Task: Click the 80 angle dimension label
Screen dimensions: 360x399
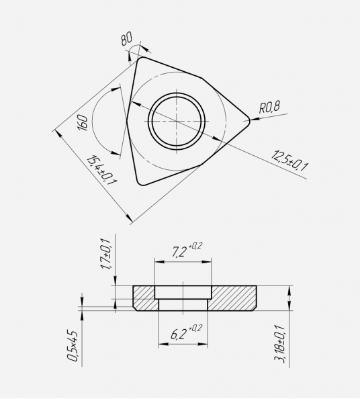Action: [x=127, y=39]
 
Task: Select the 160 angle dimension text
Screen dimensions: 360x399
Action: [x=83, y=123]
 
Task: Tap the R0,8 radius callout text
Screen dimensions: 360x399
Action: [x=269, y=107]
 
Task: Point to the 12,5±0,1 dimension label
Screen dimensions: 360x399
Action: [x=289, y=161]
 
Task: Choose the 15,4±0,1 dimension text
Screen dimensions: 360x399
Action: [x=101, y=170]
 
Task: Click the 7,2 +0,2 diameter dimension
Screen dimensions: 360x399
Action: [x=187, y=250]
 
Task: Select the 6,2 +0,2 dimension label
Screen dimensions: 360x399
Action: [x=186, y=332]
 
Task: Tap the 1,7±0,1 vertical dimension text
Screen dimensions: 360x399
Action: [x=106, y=254]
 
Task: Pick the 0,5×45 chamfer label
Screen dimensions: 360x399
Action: [x=72, y=346]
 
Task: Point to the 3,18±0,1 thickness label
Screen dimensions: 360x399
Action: [x=279, y=344]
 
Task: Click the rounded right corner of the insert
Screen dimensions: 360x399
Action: [x=247, y=121]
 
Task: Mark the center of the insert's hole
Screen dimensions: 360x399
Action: [x=177, y=121]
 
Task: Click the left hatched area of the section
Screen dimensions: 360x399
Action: [x=144, y=298]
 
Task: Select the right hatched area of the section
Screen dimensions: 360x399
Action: [x=233, y=298]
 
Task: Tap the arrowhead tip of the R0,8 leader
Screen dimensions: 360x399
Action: [x=251, y=120]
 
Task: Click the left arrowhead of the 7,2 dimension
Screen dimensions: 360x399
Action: [x=155, y=262]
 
